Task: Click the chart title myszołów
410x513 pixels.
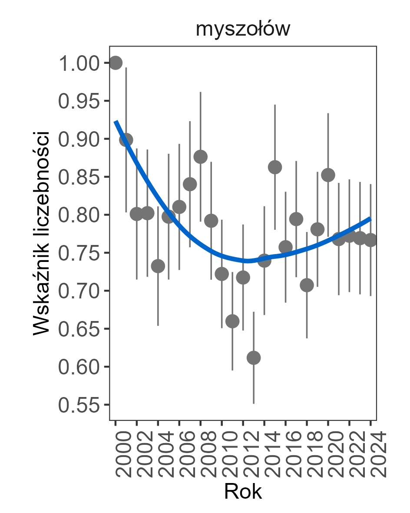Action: (243, 30)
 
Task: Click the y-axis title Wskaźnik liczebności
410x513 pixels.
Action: (42, 234)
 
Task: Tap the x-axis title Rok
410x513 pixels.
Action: (243, 492)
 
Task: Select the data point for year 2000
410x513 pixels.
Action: (116, 63)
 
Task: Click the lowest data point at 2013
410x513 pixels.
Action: (254, 357)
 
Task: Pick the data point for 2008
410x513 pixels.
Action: (200, 157)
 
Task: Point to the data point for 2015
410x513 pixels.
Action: (275, 167)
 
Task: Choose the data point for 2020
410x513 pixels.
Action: (328, 175)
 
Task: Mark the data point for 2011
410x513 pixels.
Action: (232, 321)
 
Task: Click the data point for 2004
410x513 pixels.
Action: (158, 266)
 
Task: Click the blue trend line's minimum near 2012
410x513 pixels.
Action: (247, 261)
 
